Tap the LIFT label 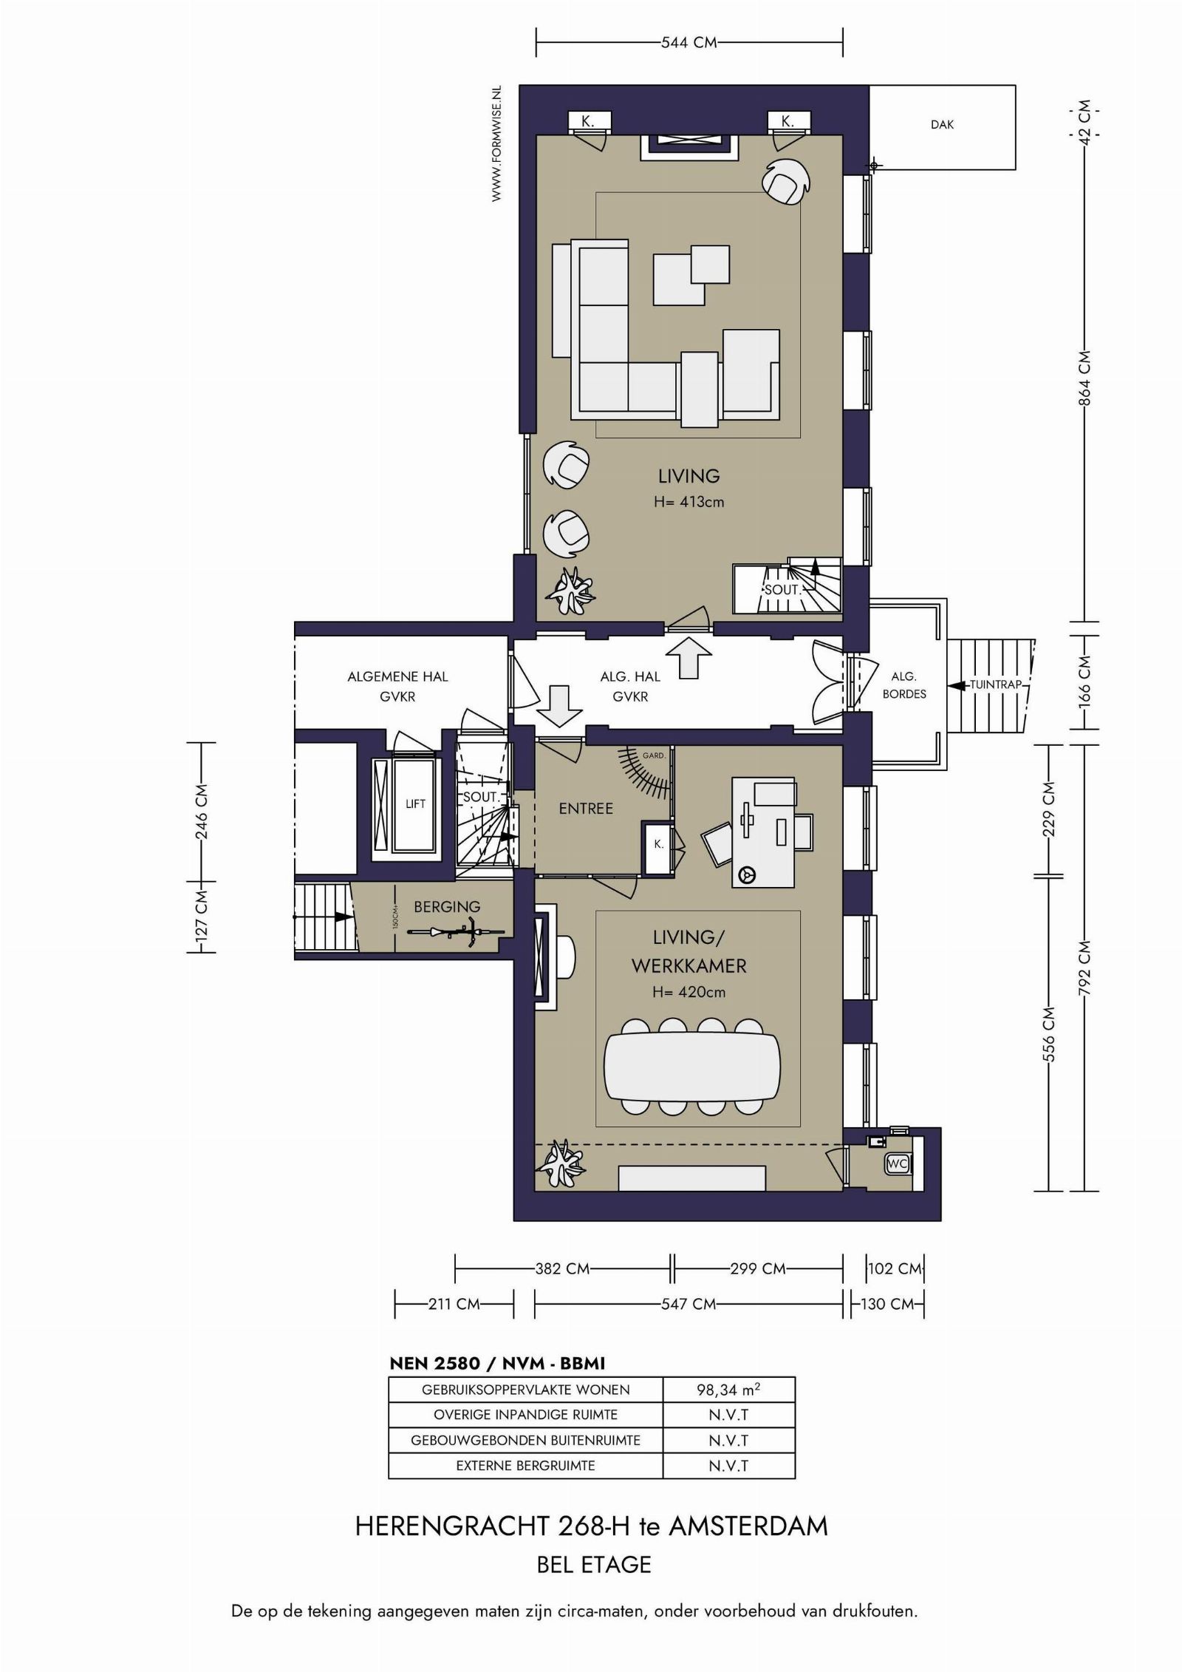[415, 803]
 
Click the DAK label [942, 125]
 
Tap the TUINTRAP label [995, 684]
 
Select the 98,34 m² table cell [728, 1389]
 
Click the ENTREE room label [586, 809]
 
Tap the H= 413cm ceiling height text [689, 502]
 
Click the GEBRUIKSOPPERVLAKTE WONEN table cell [526, 1389]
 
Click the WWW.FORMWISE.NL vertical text [496, 143]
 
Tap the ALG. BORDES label [904, 685]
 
